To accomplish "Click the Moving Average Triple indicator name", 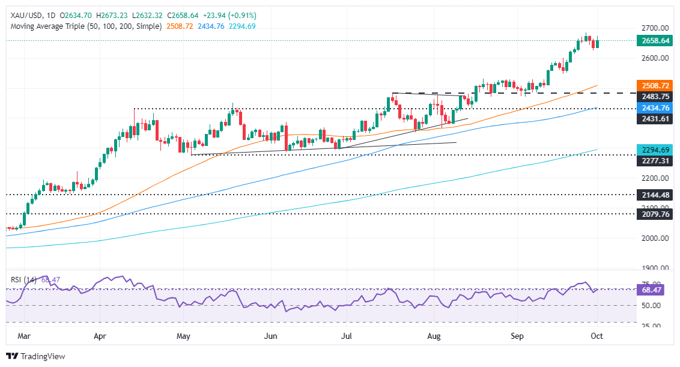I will click(83, 26).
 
